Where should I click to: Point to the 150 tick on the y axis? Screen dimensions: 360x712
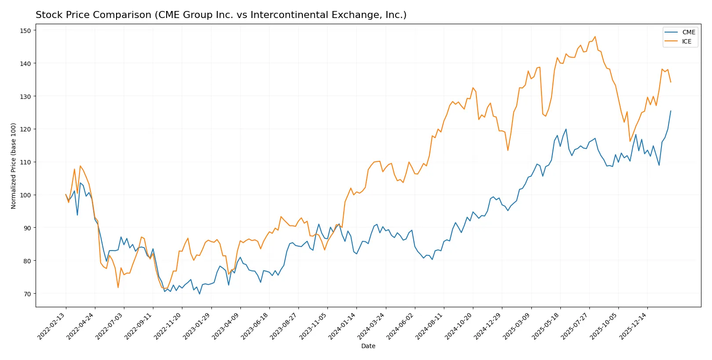coord(25,30)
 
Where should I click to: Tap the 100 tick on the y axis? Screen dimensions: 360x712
coord(25,195)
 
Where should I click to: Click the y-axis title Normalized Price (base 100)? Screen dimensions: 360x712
coord(14,166)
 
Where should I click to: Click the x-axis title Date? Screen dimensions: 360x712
coord(368,346)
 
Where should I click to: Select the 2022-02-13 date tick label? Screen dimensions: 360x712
coord(52,326)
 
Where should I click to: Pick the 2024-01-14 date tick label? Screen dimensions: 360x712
coord(342,326)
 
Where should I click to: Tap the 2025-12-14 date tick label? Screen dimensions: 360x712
coord(633,326)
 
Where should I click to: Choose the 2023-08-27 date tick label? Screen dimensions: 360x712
coord(284,326)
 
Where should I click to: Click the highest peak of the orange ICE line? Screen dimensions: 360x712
coord(595,36)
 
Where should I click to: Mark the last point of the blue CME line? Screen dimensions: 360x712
coord(671,111)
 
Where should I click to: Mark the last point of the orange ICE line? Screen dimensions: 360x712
coord(671,82)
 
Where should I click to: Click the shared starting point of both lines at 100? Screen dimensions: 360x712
coord(66,194)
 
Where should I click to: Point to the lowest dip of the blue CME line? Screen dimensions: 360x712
coord(200,294)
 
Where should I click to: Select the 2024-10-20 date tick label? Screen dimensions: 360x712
coord(459,326)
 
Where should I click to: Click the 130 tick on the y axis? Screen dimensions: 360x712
coord(25,96)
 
